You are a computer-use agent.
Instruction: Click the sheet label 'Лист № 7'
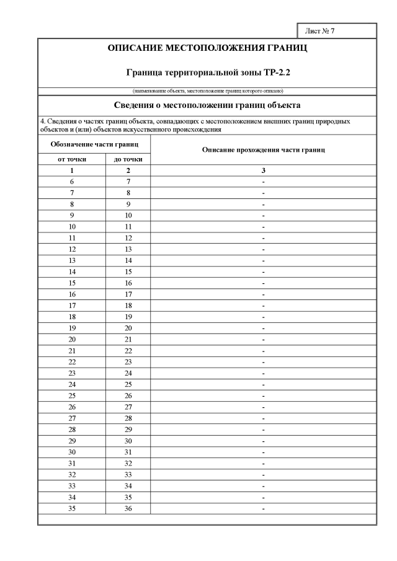point(320,30)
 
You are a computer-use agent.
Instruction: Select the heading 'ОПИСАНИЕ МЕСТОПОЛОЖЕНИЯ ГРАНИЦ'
point(207,48)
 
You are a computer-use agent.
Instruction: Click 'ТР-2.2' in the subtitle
point(275,73)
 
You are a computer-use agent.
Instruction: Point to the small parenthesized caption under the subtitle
point(207,91)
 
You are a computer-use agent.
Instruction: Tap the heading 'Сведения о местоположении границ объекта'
point(207,105)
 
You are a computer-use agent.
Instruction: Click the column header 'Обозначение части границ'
point(94,144)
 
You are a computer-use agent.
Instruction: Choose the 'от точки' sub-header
point(72,159)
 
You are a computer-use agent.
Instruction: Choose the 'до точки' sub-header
point(128,159)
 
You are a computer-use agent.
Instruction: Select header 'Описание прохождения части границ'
point(264,151)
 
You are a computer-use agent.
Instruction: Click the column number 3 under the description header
point(264,170)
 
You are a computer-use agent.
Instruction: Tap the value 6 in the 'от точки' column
point(72,182)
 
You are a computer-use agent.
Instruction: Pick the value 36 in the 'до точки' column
point(128,508)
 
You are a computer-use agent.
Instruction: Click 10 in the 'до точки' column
point(128,216)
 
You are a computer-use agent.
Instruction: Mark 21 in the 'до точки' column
point(128,340)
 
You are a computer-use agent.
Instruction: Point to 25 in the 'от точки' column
point(72,395)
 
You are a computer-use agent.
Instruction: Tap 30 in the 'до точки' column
point(128,441)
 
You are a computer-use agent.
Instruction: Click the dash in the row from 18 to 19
point(264,317)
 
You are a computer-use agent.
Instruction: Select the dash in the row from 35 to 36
point(264,508)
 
